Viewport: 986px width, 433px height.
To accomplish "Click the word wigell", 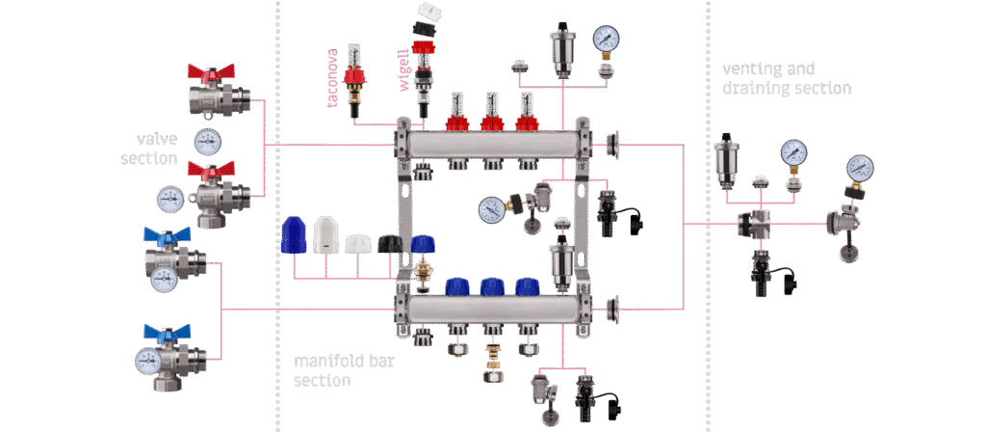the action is pyautogui.click(x=403, y=72).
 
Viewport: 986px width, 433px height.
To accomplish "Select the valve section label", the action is pyautogui.click(x=149, y=149).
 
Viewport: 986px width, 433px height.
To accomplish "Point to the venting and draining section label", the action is pyautogui.click(x=787, y=78).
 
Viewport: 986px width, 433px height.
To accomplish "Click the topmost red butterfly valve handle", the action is pyautogui.click(x=211, y=71).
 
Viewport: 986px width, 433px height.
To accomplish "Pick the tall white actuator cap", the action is pyautogui.click(x=325, y=235).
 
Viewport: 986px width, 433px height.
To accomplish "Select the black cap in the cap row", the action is pyautogui.click(x=390, y=244).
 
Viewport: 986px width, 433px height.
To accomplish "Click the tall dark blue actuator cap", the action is pyautogui.click(x=294, y=235).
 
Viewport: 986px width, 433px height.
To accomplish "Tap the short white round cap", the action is pyautogui.click(x=358, y=244).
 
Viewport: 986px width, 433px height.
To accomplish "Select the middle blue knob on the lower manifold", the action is pyautogui.click(x=492, y=287).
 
